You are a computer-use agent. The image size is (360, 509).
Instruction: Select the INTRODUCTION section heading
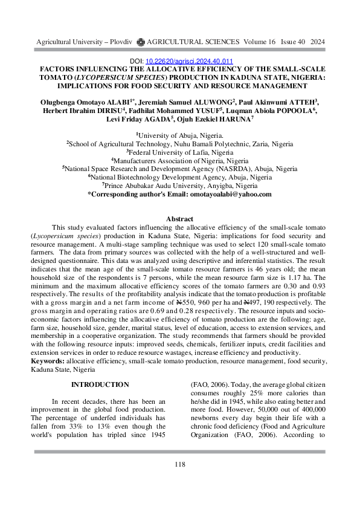click(100, 385)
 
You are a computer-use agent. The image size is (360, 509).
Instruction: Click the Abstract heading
click(179, 219)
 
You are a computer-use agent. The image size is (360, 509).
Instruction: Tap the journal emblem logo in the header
click(141, 42)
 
